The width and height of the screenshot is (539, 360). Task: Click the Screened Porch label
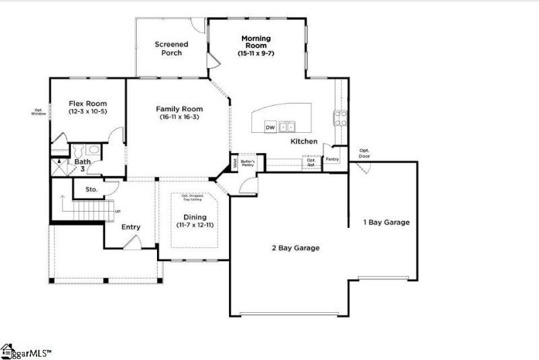click(171, 49)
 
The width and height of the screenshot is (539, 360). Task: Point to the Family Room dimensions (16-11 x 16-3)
click(179, 117)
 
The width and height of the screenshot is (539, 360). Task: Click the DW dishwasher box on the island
click(269, 127)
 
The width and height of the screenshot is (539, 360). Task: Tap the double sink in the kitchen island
click(287, 126)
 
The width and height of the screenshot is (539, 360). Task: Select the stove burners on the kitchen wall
click(339, 118)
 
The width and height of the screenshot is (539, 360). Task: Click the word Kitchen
click(304, 142)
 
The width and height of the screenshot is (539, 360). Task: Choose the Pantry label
click(332, 160)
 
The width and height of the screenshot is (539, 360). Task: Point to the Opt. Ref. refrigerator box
click(311, 162)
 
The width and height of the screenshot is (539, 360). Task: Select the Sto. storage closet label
click(92, 189)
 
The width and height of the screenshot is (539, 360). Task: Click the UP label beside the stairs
click(118, 211)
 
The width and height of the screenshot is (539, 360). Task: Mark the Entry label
click(131, 227)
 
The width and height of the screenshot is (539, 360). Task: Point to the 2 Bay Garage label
click(295, 247)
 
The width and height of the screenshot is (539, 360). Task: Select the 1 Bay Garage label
click(386, 222)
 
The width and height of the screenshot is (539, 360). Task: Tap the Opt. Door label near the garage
click(364, 152)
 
